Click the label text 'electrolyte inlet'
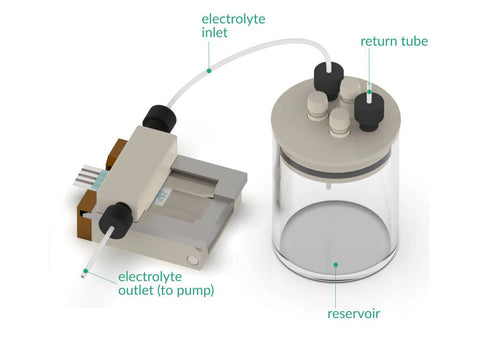233,26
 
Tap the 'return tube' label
394,41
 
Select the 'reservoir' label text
354,314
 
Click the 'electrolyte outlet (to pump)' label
166,283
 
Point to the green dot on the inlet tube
209,71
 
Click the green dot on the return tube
369,92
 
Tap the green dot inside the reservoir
336,265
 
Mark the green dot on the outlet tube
86,271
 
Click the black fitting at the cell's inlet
159,119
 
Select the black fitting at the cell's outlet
115,221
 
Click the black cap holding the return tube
369,110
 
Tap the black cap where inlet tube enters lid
329,81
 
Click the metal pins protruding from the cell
87,175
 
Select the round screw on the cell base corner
192,260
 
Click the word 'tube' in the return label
415,41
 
